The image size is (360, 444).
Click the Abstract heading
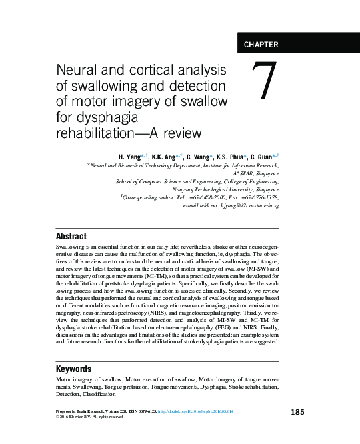click(71, 236)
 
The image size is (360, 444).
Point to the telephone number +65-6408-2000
click(200, 198)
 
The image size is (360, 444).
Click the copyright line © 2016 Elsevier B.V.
click(90, 419)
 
